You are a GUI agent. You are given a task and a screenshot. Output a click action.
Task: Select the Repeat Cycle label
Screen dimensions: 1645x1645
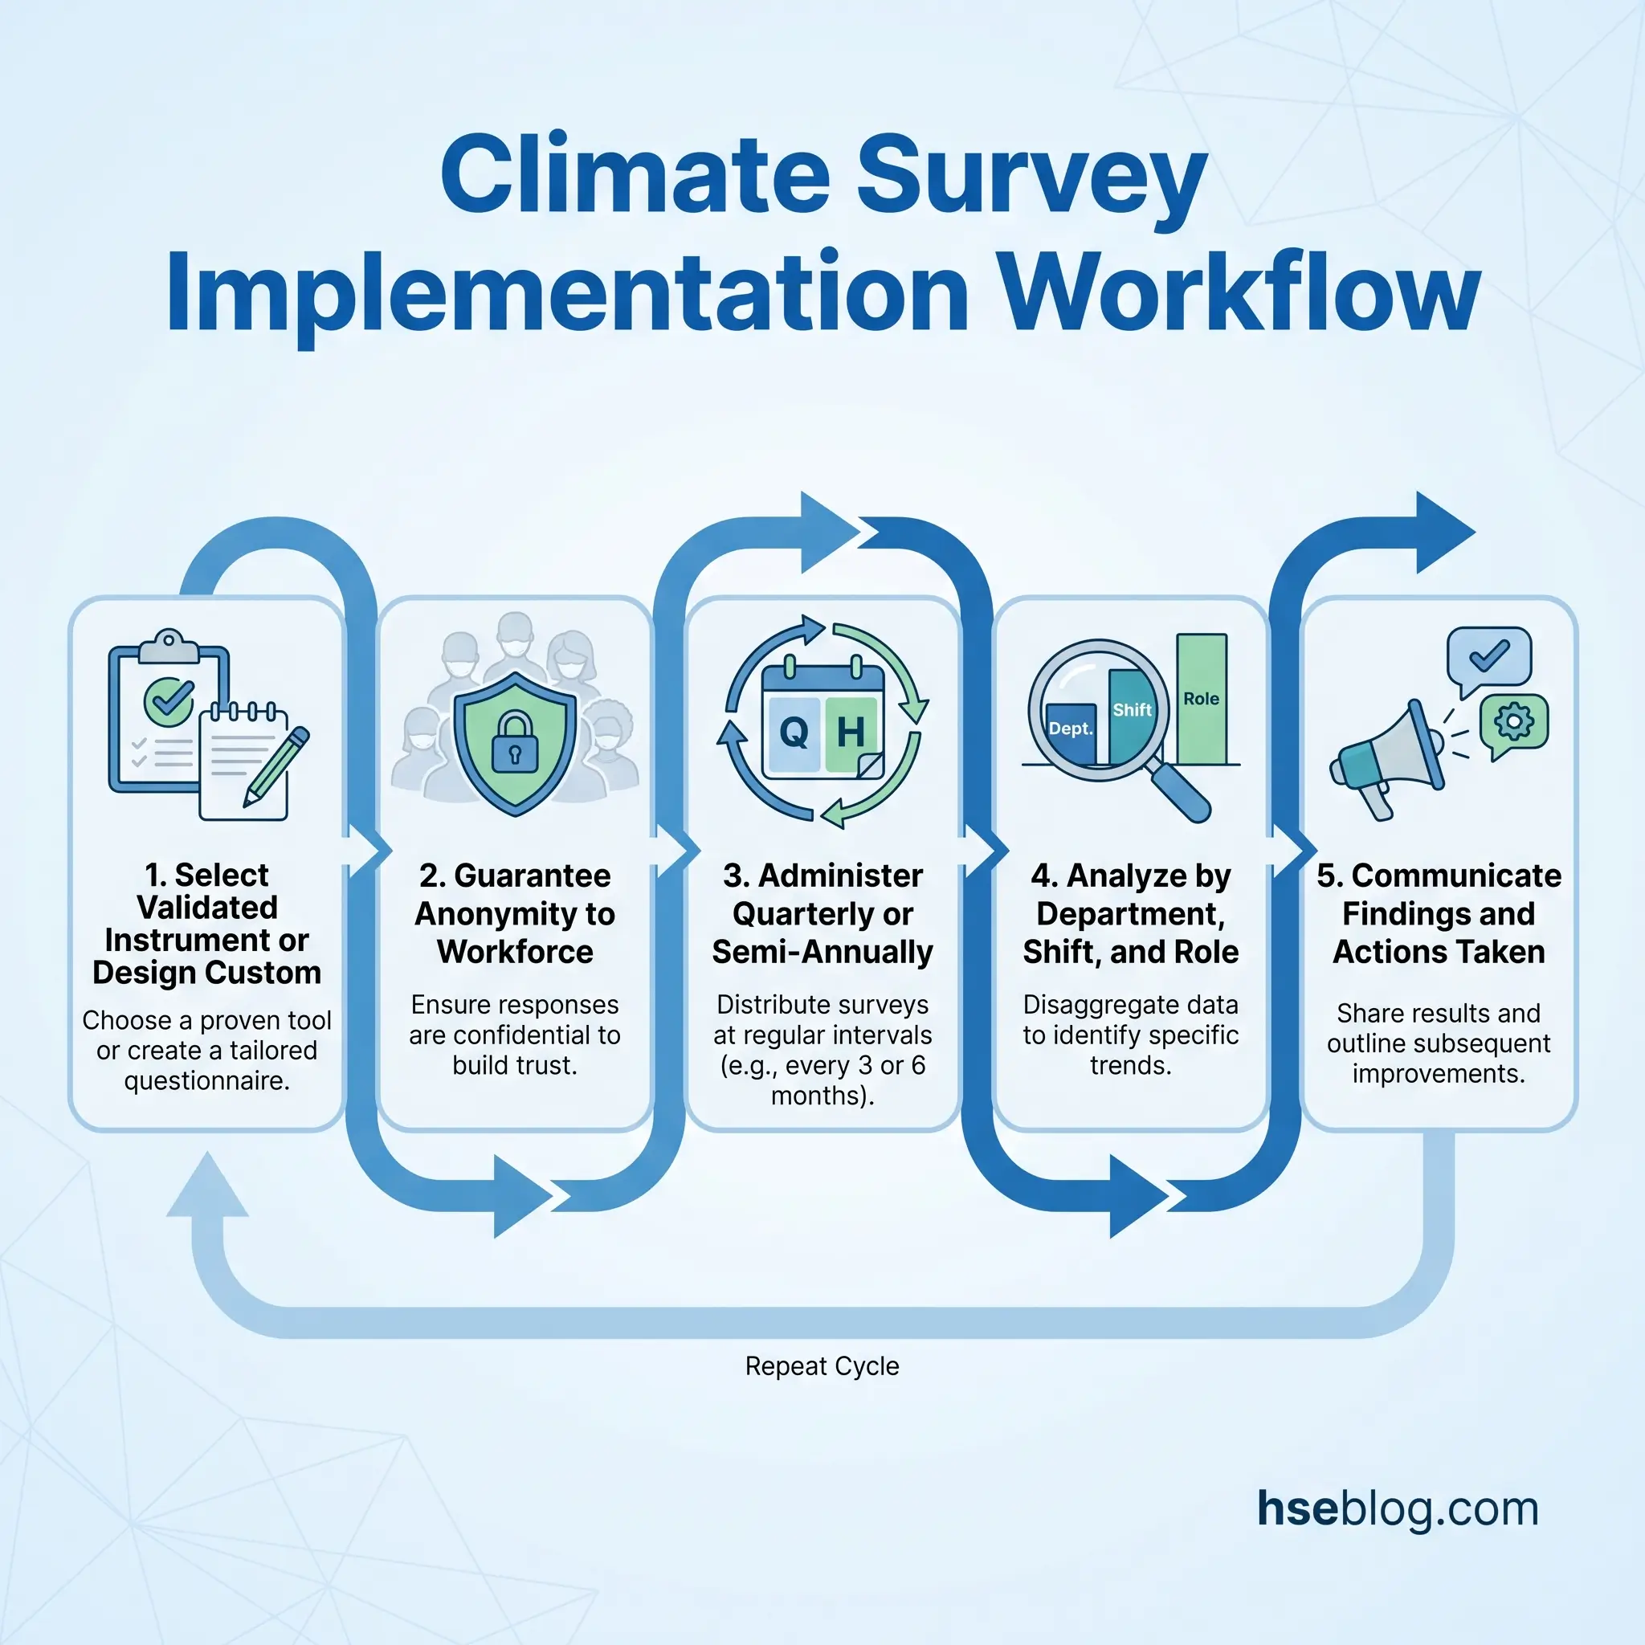pos(822,1365)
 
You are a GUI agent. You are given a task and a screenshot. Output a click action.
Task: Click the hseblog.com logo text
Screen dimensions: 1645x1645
pos(1398,1508)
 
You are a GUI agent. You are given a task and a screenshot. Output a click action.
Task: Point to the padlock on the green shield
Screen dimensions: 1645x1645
pos(515,742)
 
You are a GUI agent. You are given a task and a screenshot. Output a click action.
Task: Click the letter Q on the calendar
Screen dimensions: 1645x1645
pos(794,732)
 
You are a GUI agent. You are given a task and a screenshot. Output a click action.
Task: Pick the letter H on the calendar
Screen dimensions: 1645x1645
pos(851,732)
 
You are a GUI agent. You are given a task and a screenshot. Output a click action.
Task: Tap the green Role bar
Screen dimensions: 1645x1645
pos(1202,699)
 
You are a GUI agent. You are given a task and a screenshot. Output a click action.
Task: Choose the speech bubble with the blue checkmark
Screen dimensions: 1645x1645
pos(1489,659)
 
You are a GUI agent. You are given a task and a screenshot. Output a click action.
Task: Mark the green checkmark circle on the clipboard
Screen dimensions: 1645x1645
pos(169,700)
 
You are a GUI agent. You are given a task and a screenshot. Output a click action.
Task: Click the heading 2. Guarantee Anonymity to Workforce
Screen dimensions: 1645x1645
pos(515,912)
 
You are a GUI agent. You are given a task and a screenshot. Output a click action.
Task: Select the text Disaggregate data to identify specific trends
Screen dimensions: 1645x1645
pos(1131,1035)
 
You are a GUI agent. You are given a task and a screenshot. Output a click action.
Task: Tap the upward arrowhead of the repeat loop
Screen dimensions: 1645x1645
pos(208,1185)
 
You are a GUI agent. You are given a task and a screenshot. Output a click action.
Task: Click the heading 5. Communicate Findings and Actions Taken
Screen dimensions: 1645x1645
pos(1439,912)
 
